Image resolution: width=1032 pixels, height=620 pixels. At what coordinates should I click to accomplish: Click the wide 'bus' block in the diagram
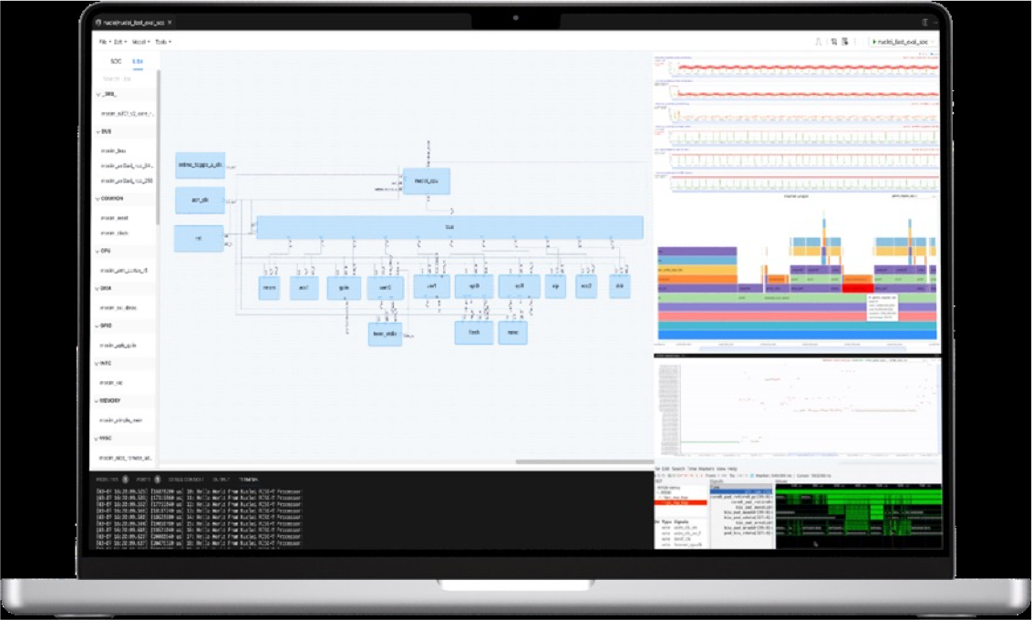click(449, 227)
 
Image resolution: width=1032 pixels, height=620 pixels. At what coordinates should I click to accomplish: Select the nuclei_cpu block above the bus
click(426, 181)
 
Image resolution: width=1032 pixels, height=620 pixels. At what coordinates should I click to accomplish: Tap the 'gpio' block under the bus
click(344, 287)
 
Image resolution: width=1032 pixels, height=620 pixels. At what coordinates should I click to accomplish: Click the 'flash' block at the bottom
click(474, 333)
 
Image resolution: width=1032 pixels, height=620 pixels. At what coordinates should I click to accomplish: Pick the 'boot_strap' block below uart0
click(385, 335)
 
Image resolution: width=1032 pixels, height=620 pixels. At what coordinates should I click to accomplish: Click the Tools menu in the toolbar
click(162, 42)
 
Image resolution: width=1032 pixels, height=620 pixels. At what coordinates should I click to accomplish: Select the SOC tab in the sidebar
click(116, 61)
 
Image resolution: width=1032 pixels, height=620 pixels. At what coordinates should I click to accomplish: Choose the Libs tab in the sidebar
click(138, 61)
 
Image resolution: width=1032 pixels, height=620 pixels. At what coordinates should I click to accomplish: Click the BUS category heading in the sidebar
click(107, 131)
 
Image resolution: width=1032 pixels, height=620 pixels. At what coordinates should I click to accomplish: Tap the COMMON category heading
click(112, 198)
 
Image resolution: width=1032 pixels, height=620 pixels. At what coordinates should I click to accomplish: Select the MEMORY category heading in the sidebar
click(110, 400)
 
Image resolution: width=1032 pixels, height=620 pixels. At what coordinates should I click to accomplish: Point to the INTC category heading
click(106, 363)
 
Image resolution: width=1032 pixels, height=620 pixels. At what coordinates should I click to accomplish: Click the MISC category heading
click(106, 438)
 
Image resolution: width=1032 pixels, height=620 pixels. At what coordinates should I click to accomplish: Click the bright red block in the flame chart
click(858, 287)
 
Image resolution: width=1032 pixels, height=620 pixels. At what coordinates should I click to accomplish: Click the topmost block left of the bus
click(200, 165)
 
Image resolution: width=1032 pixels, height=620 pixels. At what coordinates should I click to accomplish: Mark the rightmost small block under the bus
click(620, 286)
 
